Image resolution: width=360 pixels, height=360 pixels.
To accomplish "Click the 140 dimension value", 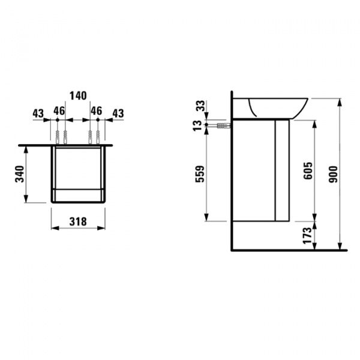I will point(78,95).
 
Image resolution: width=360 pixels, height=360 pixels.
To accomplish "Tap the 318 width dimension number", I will point(78,222).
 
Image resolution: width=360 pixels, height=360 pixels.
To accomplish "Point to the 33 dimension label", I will point(199,106).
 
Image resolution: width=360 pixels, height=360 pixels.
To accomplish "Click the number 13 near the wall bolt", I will point(199,125).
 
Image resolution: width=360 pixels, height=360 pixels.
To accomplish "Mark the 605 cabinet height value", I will point(307,172).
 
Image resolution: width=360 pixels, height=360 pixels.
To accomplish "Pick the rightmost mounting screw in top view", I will point(96,137).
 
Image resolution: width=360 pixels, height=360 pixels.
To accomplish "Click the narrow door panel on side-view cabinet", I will point(282,169).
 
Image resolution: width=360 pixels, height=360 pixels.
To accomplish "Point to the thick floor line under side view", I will point(288,249).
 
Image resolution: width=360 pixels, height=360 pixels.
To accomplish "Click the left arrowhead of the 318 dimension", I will point(54,228).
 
